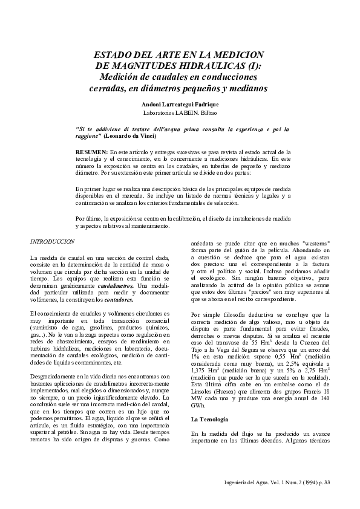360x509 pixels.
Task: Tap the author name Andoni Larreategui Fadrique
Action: pos(180,105)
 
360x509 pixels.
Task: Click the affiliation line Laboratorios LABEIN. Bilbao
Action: pos(180,113)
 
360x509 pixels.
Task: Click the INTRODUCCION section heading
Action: pos(52,241)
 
